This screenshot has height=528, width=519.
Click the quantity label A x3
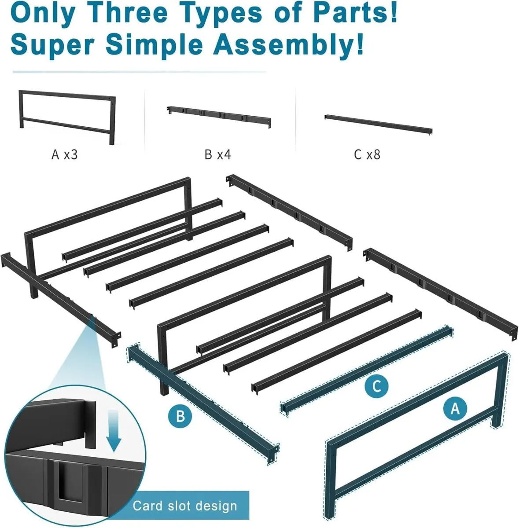64,155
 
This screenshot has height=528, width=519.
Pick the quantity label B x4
217,155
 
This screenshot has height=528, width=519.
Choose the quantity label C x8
367,155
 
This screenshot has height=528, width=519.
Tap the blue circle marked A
455,408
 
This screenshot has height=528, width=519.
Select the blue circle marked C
376,386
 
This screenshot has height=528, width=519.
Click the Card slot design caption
185,506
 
